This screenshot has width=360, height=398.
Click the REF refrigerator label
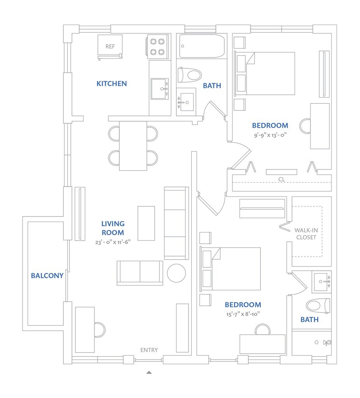(110, 47)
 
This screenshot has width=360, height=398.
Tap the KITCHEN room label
(112, 84)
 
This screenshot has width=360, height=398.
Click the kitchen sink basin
(160, 89)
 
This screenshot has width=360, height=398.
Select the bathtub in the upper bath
(202, 46)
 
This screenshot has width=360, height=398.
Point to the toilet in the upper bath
(189, 75)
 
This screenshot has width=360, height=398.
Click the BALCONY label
(47, 276)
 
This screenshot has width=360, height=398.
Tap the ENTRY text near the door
(149, 350)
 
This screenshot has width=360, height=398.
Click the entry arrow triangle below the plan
(149, 372)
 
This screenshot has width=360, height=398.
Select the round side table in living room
(176, 273)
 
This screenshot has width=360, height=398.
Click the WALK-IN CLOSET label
(306, 234)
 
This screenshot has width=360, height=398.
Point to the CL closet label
(281, 179)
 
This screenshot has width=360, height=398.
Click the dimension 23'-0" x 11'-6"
(113, 242)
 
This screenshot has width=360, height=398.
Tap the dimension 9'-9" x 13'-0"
(270, 135)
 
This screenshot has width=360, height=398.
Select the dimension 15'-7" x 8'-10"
(243, 314)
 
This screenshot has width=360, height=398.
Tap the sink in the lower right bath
(322, 282)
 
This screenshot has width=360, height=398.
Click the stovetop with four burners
(157, 47)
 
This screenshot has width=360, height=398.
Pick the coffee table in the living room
(146, 223)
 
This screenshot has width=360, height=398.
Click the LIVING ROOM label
(113, 228)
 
